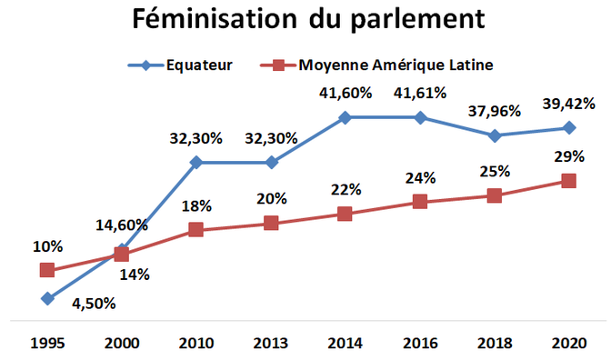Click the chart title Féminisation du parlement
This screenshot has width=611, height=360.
point(306,20)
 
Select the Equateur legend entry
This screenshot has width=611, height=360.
point(176,65)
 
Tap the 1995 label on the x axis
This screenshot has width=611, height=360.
point(46,344)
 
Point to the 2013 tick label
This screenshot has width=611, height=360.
point(270,344)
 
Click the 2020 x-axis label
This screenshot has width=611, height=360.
point(569,344)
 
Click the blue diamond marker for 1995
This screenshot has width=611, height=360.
point(46,298)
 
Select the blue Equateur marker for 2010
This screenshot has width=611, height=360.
point(195,163)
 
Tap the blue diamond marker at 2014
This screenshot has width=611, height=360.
point(345,117)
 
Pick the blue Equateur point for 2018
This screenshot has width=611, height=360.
point(495,135)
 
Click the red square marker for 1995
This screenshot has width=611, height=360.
point(46,270)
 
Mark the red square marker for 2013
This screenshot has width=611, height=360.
point(270,223)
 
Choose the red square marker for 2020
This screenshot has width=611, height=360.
point(569,181)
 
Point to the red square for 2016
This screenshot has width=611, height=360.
point(420,202)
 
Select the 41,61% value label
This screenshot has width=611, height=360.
point(420,92)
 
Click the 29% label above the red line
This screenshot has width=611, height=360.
point(569,156)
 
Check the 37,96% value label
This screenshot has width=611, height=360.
point(493,111)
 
